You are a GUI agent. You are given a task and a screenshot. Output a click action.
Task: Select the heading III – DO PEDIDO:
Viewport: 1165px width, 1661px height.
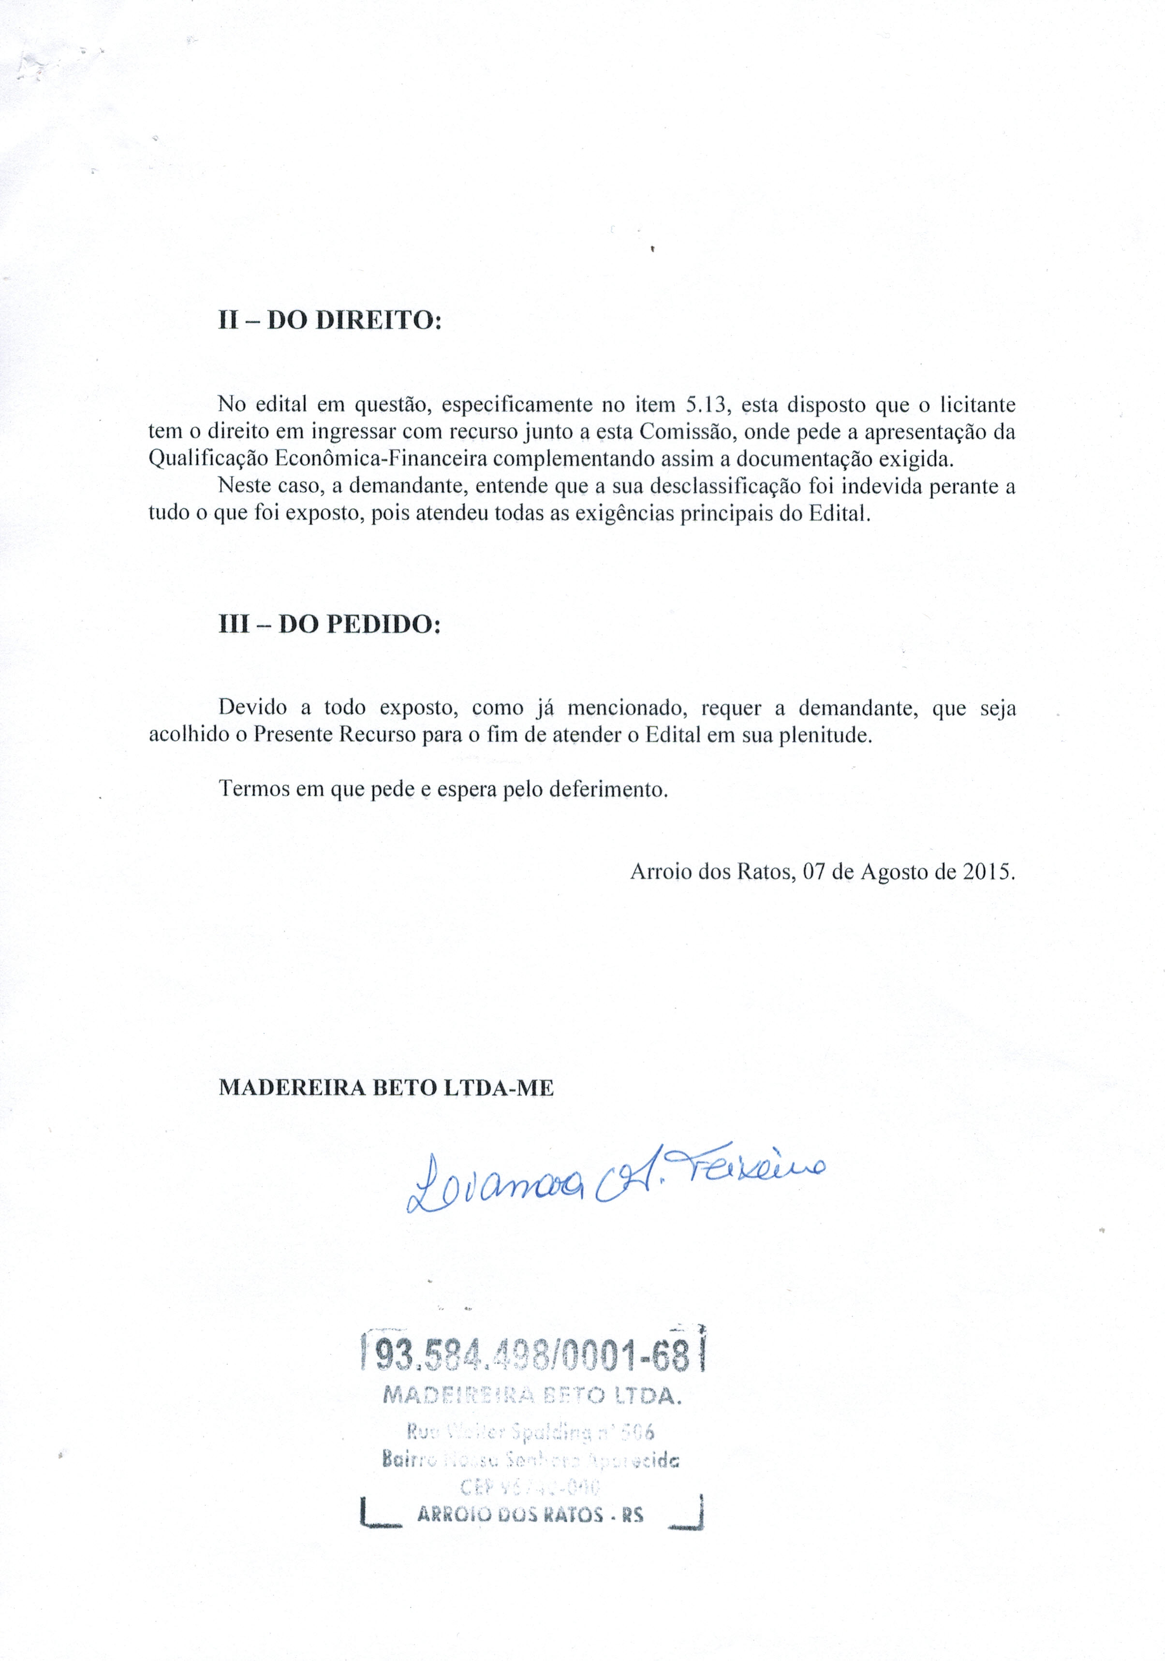point(330,624)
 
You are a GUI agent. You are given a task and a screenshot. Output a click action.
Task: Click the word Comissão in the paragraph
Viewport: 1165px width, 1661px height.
point(684,431)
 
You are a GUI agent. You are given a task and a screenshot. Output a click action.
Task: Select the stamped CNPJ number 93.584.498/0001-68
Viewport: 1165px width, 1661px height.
point(532,1361)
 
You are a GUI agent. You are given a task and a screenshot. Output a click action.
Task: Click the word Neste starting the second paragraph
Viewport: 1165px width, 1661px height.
point(245,486)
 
